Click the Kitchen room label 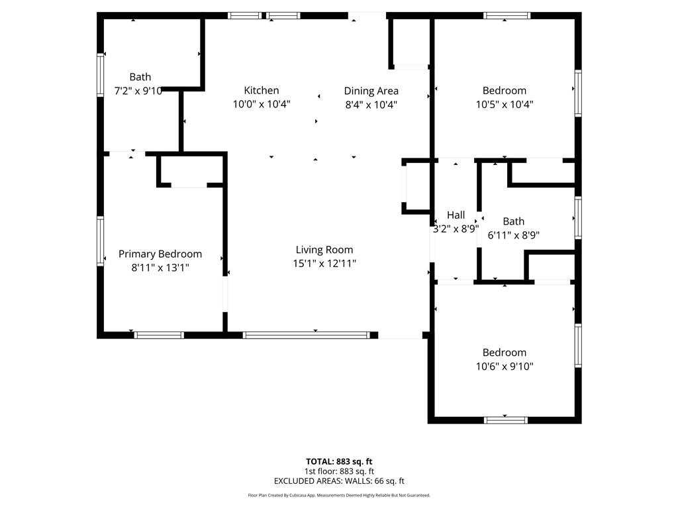point(261,90)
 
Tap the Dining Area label point(371,91)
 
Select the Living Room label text point(324,250)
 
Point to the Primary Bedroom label point(160,254)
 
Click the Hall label point(456,215)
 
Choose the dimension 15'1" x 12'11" point(324,263)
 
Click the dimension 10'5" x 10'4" point(504,104)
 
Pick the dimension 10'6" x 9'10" point(504,366)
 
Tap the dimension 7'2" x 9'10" point(138,91)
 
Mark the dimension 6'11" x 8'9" point(513,235)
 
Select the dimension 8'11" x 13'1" point(160,267)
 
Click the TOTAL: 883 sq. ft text point(339,461)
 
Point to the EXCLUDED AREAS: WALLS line point(339,481)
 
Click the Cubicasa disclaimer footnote point(339,495)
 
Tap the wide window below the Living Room point(307,335)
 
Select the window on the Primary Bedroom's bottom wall point(159,335)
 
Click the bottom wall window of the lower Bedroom point(506,420)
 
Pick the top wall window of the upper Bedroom point(507,15)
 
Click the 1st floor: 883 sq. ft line point(339,471)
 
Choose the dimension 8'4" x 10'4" point(371,104)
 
